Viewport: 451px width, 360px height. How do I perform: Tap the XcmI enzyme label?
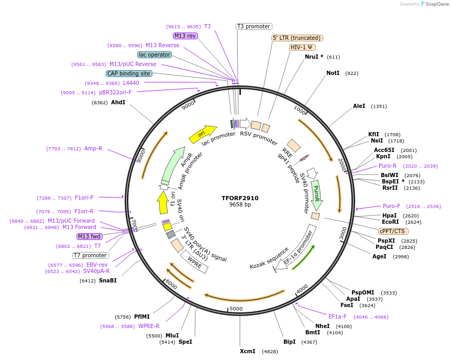(x=247, y=351)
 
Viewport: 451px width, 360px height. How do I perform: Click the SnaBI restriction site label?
(x=107, y=280)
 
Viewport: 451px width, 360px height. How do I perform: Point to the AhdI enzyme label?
(x=118, y=102)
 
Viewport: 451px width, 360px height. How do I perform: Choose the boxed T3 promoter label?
(x=254, y=26)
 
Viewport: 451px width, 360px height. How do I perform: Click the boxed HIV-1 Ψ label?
(x=302, y=47)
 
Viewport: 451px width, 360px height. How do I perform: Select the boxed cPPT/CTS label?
(x=392, y=231)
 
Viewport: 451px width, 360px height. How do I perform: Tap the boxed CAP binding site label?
(x=129, y=73)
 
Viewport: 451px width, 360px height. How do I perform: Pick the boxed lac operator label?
(x=155, y=54)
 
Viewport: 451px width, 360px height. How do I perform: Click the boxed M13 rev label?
(x=185, y=36)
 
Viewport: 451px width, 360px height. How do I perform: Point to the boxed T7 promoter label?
(x=90, y=255)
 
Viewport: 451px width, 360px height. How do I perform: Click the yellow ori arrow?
(x=202, y=134)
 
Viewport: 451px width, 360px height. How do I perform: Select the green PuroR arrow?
(x=316, y=194)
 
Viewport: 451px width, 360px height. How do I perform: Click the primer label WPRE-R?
(x=149, y=326)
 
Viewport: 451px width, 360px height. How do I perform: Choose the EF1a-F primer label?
(x=337, y=317)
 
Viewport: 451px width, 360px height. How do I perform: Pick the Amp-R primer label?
(x=93, y=148)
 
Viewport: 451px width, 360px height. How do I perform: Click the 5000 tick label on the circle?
(x=236, y=309)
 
